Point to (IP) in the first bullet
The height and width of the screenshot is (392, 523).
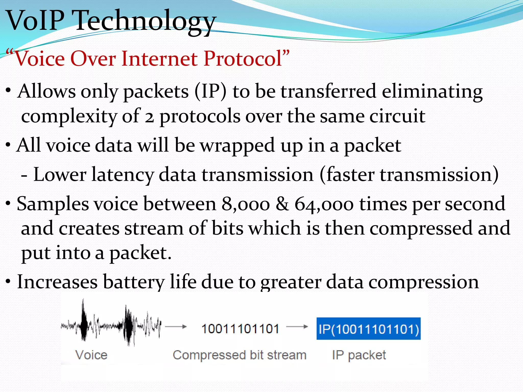pos(210,91)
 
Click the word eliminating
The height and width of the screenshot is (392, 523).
pos(432,91)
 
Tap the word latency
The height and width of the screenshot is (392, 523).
pos(123,175)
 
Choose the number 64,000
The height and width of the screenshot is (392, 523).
pos(324,204)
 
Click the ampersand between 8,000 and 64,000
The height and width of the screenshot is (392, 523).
pos(282,204)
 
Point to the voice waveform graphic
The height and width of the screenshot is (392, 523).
pos(111,323)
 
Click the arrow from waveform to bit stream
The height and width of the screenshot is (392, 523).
pos(176,327)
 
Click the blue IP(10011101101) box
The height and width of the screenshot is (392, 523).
pos(369,329)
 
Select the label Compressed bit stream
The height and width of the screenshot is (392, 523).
pos(240,355)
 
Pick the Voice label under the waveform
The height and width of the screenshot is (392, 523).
pos(91,355)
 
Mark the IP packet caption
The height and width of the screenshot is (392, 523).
pos(359,355)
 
